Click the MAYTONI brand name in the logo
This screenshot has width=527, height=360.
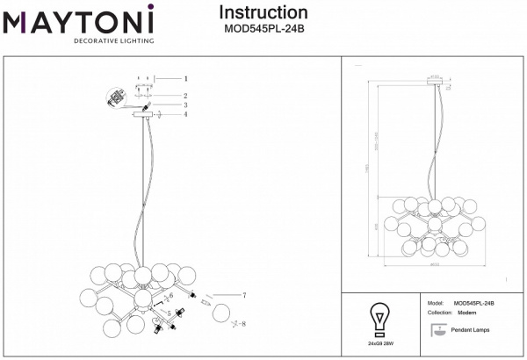[x=78, y=20]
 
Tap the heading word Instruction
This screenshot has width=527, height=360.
[x=263, y=12]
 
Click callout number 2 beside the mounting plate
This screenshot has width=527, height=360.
[x=185, y=95]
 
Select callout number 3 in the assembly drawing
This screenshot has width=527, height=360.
[x=185, y=104]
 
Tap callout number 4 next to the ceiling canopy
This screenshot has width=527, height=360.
[x=185, y=114]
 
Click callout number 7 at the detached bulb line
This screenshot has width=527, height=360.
[x=244, y=295]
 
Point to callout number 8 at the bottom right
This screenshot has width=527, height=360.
[x=244, y=324]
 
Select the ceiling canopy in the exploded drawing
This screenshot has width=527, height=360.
[x=142, y=114]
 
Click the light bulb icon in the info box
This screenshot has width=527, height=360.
[x=379, y=317]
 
